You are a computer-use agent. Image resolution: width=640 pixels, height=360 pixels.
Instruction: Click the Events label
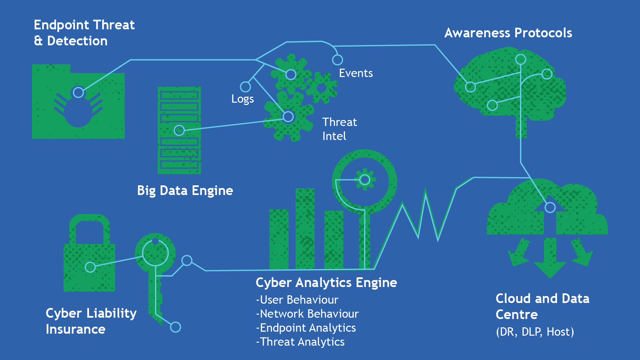356,73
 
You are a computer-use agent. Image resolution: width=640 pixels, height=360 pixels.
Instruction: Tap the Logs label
242,99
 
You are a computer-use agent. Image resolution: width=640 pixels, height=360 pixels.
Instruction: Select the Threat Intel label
339,129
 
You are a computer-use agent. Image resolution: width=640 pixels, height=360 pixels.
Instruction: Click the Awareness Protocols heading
508,33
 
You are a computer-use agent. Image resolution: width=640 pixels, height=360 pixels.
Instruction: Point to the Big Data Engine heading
185,191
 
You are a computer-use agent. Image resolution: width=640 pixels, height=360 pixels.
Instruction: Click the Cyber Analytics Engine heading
326,283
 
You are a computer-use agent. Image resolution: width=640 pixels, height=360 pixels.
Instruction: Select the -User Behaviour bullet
297,300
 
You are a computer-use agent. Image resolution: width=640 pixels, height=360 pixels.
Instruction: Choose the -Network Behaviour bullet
307,314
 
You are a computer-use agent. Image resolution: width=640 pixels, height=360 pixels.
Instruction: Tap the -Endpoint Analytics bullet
306,328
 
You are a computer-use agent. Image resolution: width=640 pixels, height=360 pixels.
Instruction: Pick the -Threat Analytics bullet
300,342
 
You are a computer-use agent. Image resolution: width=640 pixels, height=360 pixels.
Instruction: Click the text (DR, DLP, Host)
535,332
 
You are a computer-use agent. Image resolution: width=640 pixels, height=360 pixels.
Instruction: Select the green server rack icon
179,130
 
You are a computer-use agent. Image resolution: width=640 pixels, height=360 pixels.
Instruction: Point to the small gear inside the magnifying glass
365,180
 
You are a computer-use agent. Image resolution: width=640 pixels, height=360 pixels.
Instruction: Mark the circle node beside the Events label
337,60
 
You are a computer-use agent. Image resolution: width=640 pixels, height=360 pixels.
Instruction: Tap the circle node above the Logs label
245,87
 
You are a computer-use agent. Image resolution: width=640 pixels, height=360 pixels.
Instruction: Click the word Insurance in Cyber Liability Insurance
76,329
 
